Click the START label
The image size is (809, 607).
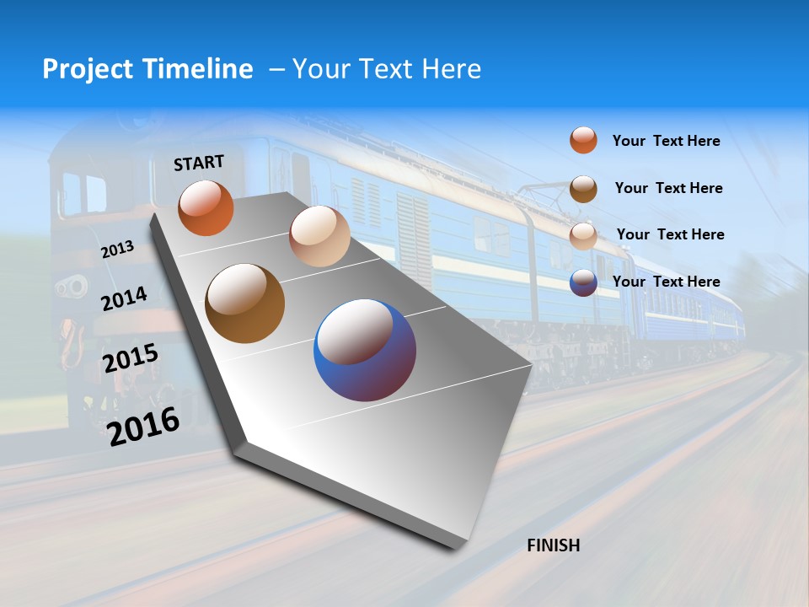coord(199,163)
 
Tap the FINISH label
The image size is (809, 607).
coord(553,545)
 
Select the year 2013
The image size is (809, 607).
coord(118,249)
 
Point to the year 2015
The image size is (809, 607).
coord(131,358)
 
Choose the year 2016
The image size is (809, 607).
coord(143,427)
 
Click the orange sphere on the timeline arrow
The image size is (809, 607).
coord(206,208)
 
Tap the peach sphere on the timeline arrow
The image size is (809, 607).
coord(319,236)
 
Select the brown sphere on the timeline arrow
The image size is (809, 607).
coord(245,303)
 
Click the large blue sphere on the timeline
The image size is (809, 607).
coord(365,350)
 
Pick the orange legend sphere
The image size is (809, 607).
coord(583,140)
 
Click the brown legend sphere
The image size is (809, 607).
coord(583,188)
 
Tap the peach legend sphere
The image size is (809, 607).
coord(583,235)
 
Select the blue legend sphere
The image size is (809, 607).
coord(583,282)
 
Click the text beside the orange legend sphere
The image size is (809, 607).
coord(666,141)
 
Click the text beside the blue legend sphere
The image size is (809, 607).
coord(666,282)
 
